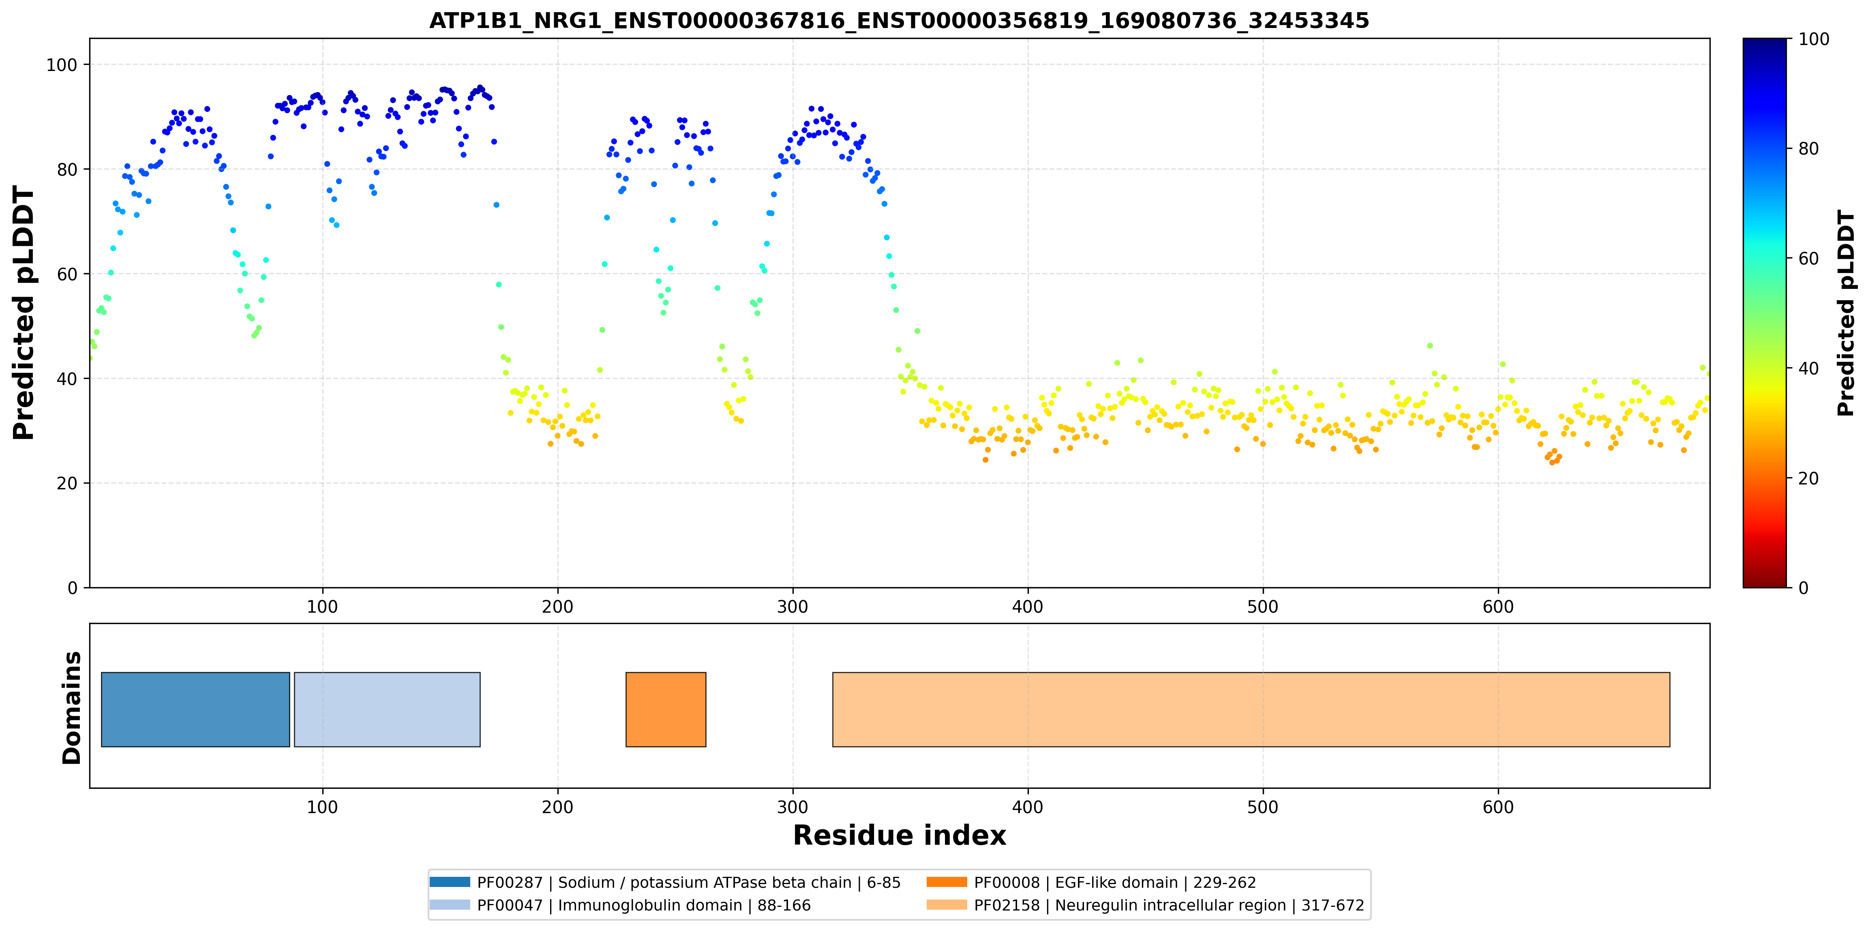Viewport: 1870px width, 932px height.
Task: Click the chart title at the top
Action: (x=899, y=20)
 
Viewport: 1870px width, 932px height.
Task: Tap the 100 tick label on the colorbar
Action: (x=1813, y=39)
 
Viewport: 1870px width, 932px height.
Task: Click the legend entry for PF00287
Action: (x=665, y=882)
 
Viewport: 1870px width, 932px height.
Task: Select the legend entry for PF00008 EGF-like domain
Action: (x=1091, y=882)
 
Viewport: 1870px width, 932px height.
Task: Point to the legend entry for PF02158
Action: (x=1146, y=905)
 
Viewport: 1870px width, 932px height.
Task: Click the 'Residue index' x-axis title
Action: (x=900, y=835)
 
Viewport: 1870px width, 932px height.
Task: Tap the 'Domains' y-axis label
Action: (x=72, y=708)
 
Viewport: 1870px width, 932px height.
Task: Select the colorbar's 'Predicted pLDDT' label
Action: (x=1845, y=313)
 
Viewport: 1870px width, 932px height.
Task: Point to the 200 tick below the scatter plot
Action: (x=557, y=607)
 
